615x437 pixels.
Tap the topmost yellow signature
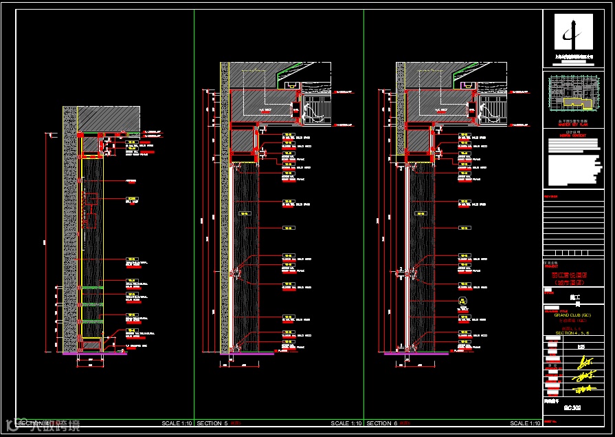coord(583,361)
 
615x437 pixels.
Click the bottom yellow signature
coord(583,390)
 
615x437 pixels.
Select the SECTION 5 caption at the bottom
coord(212,423)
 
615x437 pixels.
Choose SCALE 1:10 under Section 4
coord(177,423)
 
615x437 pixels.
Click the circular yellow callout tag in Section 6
coord(463,301)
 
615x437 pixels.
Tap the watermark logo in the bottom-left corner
coord(10,424)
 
